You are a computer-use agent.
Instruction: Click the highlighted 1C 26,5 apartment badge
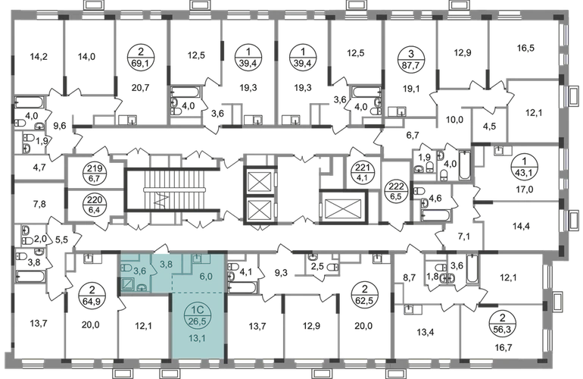pyautogui.click(x=197, y=315)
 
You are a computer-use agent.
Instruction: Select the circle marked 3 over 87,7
pyautogui.click(x=410, y=58)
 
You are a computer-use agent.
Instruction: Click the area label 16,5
pyautogui.click(x=525, y=48)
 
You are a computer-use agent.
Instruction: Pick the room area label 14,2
pyautogui.click(x=39, y=57)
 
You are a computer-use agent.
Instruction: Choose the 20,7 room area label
pyautogui.click(x=140, y=88)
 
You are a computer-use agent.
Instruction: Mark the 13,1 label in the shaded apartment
pyautogui.click(x=197, y=338)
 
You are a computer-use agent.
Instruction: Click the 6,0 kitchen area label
pyautogui.click(x=205, y=277)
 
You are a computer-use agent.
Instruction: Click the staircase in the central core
pyautogui.click(x=175, y=189)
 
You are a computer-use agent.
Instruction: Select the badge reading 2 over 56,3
pyautogui.click(x=502, y=324)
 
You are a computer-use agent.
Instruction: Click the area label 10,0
pyautogui.click(x=454, y=120)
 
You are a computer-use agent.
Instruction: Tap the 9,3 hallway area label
pyautogui.click(x=281, y=274)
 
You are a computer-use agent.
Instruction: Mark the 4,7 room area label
pyautogui.click(x=39, y=168)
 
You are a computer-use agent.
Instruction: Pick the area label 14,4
pyautogui.click(x=521, y=226)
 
